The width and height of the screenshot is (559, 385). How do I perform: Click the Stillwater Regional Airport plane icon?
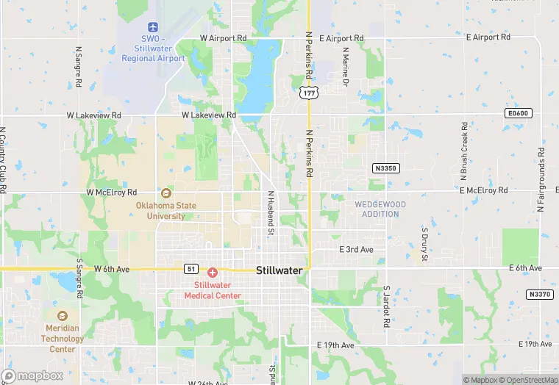tap(153, 26)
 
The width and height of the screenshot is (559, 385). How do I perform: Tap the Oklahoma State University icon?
tap(166, 193)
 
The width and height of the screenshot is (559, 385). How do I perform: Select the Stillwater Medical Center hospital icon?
tap(213, 273)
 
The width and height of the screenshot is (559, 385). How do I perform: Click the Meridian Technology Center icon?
tap(63, 316)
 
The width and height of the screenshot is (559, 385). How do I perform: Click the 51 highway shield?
tap(191, 269)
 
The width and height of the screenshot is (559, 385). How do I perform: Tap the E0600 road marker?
tap(519, 113)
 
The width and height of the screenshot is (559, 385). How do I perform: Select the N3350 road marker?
tap(385, 168)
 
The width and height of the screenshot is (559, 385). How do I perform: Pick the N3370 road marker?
tap(539, 294)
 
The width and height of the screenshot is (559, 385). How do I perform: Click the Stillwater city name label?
tap(279, 270)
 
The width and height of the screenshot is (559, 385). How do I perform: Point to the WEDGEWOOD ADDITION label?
tap(380, 209)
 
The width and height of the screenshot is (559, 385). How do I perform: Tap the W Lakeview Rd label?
tap(209, 115)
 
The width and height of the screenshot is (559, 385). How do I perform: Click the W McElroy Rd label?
tap(112, 192)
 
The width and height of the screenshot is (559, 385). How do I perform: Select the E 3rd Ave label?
tap(356, 250)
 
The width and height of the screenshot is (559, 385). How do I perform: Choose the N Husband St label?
tap(271, 213)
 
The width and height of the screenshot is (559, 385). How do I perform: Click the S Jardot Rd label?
tap(385, 307)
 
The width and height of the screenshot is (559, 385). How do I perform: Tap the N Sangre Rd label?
tap(78, 68)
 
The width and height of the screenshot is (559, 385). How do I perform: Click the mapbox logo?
tap(32, 375)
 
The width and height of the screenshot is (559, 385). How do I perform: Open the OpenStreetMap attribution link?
tap(527, 380)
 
